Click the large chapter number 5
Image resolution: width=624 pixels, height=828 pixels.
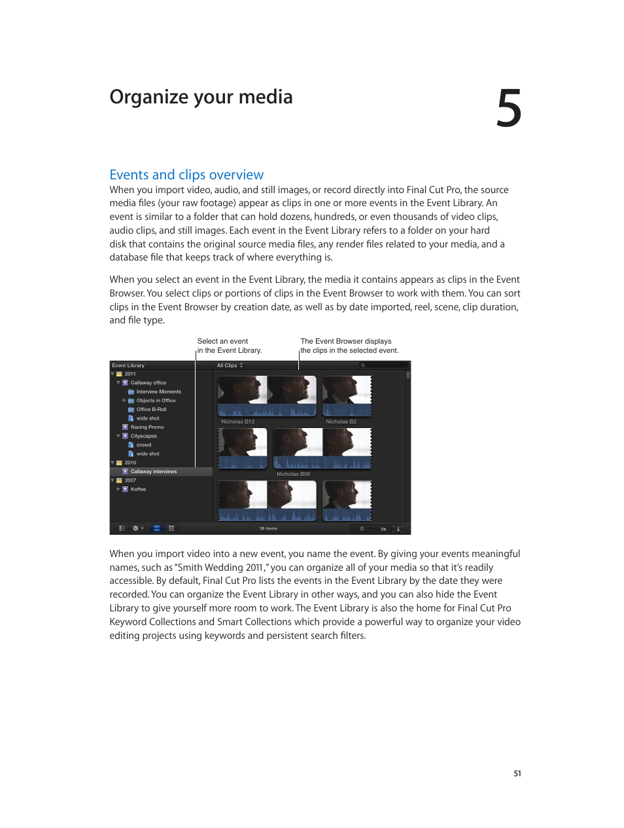[508, 109]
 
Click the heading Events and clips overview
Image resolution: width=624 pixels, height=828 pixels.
[186, 175]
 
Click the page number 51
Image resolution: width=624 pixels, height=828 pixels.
[517, 774]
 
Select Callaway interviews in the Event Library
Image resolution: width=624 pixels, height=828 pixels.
[153, 471]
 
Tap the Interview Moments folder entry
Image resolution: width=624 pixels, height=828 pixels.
[158, 391]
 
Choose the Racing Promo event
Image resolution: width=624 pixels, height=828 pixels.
[147, 427]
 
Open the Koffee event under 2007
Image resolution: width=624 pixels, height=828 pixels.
[138, 489]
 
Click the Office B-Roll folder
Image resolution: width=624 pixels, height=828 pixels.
[151, 409]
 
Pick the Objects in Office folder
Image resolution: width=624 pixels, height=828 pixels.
[156, 401]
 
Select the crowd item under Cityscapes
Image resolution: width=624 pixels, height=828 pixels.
[143, 444]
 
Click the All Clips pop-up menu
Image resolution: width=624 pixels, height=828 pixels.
[230, 365]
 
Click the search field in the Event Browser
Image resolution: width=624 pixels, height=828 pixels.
[383, 365]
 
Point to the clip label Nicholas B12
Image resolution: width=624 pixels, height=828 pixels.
[237, 422]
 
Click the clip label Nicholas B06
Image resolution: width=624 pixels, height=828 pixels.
[293, 474]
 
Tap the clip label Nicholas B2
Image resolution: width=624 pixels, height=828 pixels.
[341, 422]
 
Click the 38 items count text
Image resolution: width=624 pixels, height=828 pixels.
[268, 528]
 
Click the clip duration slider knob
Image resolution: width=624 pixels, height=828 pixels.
[362, 528]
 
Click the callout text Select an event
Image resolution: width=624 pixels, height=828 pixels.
[222, 341]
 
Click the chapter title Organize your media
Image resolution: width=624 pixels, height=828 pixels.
[201, 97]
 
